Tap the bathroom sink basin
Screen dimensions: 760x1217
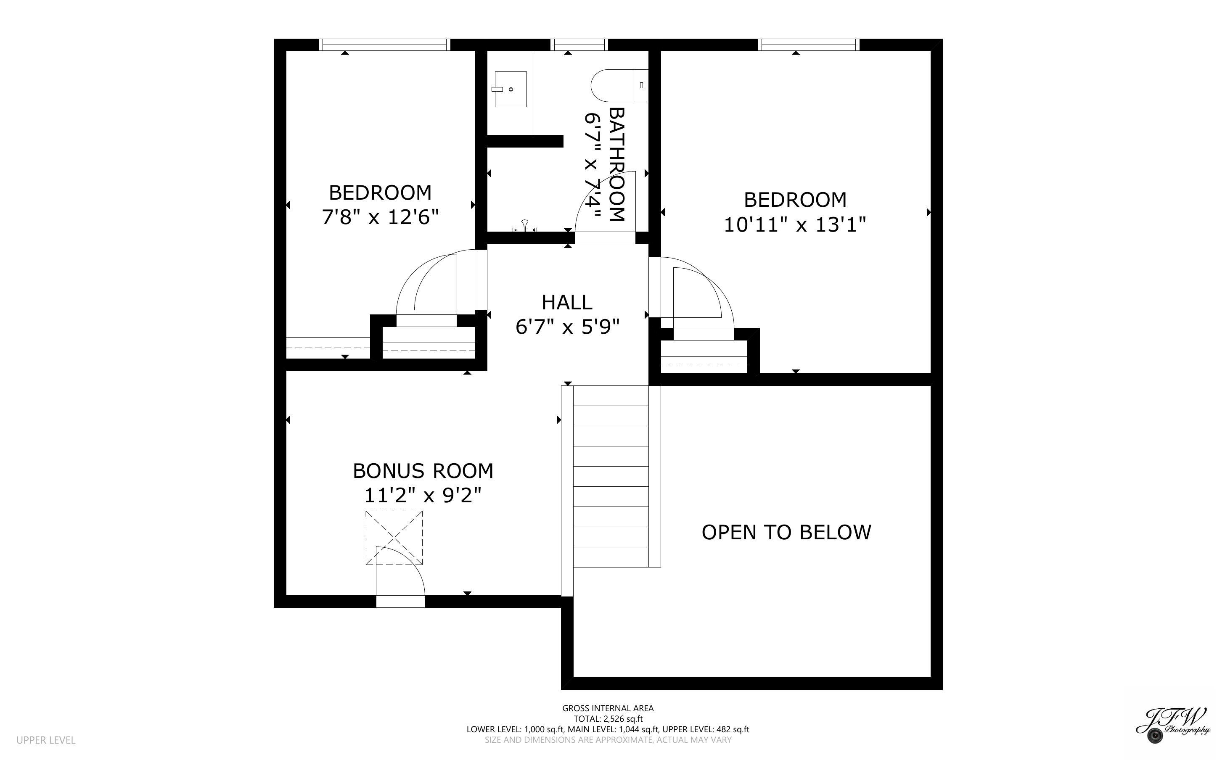[510, 89]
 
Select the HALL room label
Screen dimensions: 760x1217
[567, 303]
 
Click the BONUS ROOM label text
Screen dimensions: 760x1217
[423, 471]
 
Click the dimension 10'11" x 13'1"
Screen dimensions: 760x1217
[795, 225]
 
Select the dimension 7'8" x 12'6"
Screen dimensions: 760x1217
[380, 217]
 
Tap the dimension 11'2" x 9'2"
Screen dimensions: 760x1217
[423, 496]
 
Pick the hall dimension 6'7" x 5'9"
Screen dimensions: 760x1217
[567, 327]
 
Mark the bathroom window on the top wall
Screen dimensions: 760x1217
[579, 45]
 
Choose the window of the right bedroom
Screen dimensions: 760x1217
[808, 45]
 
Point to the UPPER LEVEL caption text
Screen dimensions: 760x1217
[46, 740]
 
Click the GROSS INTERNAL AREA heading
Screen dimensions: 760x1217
[608, 708]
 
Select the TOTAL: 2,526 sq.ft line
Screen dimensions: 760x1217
[608, 719]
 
